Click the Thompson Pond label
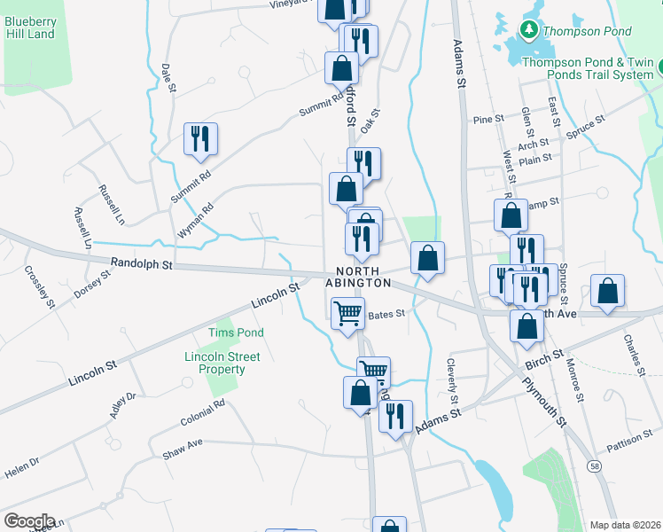pyautogui.click(x=587, y=31)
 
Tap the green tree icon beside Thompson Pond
pyautogui.click(x=529, y=31)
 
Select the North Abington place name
pyautogui.click(x=363, y=277)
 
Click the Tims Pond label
pyautogui.click(x=223, y=332)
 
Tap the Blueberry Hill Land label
pyautogui.click(x=30, y=27)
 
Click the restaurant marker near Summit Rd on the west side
pyautogui.click(x=199, y=139)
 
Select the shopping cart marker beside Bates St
pyautogui.click(x=347, y=313)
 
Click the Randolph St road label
pyautogui.click(x=142, y=264)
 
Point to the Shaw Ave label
pyautogui.click(x=183, y=443)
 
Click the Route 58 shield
pyautogui.click(x=591, y=466)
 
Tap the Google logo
pyautogui.click(x=29, y=521)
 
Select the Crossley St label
pyautogui.click(x=40, y=286)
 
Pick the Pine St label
pyautogui.click(x=487, y=118)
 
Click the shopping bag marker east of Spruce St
pyautogui.click(x=607, y=291)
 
